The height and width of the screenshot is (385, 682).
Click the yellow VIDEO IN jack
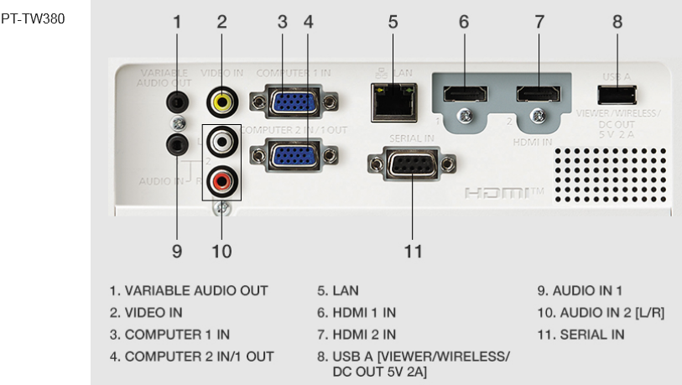221,101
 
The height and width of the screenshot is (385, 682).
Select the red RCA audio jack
221,178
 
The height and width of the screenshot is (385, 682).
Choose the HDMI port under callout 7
539,95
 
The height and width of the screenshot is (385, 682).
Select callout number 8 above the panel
617,23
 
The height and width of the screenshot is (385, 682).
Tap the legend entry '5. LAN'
337,291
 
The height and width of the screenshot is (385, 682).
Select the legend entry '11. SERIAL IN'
580,335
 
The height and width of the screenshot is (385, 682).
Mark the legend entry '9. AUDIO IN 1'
581,291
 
